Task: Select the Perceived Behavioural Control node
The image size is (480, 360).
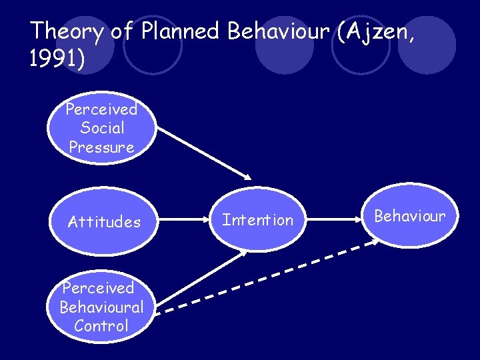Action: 101,307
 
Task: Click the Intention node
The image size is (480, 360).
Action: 257,220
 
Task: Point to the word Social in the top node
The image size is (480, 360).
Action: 101,128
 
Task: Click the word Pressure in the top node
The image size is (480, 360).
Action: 101,147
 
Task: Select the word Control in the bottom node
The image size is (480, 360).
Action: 101,326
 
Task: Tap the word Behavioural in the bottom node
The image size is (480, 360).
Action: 101,307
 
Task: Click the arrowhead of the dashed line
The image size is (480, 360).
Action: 375,243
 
